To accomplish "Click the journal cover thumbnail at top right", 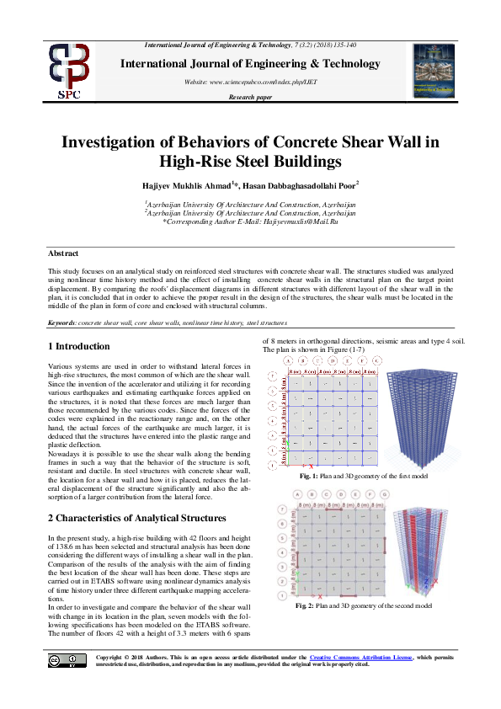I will (x=432, y=70).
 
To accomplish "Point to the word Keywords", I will (x=61, y=323).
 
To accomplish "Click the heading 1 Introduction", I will (x=78, y=346).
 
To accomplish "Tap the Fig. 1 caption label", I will (x=310, y=477).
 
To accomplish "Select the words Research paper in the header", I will (x=250, y=98).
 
